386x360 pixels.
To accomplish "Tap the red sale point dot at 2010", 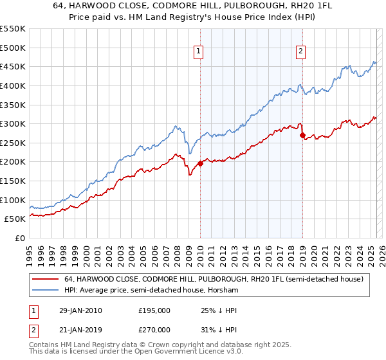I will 200,163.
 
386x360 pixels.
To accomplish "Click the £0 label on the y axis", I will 21,238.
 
